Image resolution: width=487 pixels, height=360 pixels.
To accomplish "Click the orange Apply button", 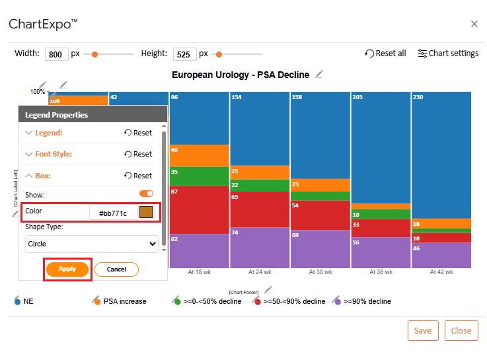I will click(67, 269).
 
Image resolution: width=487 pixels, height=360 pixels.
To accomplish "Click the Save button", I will click(423, 330).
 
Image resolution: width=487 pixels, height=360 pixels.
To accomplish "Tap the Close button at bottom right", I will click(461, 330).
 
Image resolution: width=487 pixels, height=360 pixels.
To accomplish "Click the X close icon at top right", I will click(474, 24).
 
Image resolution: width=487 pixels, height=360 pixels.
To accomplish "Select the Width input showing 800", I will click(56, 54).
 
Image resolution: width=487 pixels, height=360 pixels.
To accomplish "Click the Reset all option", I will click(385, 54).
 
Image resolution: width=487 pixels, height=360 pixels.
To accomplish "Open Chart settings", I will click(448, 54).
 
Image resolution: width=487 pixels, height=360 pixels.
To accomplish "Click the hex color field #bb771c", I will click(113, 213).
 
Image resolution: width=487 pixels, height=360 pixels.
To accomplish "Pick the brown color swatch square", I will click(146, 212).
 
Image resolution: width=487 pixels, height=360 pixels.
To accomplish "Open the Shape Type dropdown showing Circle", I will click(92, 244).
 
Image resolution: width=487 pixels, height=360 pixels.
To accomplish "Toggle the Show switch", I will click(146, 194).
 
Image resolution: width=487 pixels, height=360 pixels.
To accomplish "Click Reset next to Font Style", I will click(138, 154).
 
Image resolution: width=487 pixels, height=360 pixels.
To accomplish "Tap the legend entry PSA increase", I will click(125, 301).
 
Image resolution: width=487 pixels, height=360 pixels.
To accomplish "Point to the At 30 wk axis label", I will click(320, 271).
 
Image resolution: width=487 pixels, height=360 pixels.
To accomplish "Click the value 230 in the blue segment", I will click(418, 97).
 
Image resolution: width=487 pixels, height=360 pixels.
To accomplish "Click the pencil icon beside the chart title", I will click(319, 74).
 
